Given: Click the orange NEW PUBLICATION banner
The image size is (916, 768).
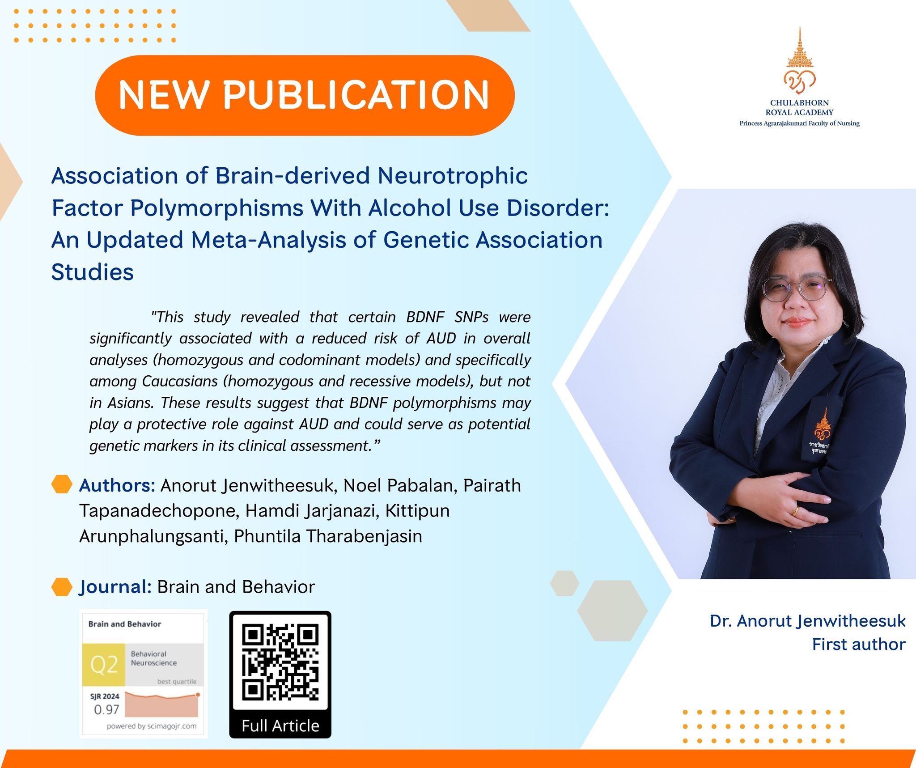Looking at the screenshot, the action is click(x=305, y=95).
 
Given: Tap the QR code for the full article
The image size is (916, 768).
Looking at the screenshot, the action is click(x=280, y=662).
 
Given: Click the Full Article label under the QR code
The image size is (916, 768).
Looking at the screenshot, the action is click(x=280, y=726).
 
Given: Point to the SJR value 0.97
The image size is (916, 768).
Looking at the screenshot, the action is click(x=106, y=709).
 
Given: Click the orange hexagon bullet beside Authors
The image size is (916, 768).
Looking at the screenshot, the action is click(x=62, y=484).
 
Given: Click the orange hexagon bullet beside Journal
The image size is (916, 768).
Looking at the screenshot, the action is click(x=62, y=587).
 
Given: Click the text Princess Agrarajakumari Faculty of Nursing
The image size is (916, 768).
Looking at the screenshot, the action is click(x=800, y=123).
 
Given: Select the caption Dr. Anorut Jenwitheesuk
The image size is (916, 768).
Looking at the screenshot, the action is click(x=808, y=621).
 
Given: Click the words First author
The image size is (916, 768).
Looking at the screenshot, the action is click(x=859, y=645).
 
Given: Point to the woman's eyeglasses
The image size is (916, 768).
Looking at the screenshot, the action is click(x=797, y=290).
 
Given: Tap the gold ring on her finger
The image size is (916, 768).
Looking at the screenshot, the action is click(x=796, y=510).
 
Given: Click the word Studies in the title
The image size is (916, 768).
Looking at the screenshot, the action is click(x=93, y=272).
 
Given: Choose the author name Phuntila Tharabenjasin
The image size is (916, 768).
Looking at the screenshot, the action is click(x=328, y=536).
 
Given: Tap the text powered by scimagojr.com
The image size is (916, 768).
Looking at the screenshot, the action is click(x=152, y=726).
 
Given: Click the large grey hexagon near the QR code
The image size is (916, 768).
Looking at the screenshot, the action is click(x=612, y=611).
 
